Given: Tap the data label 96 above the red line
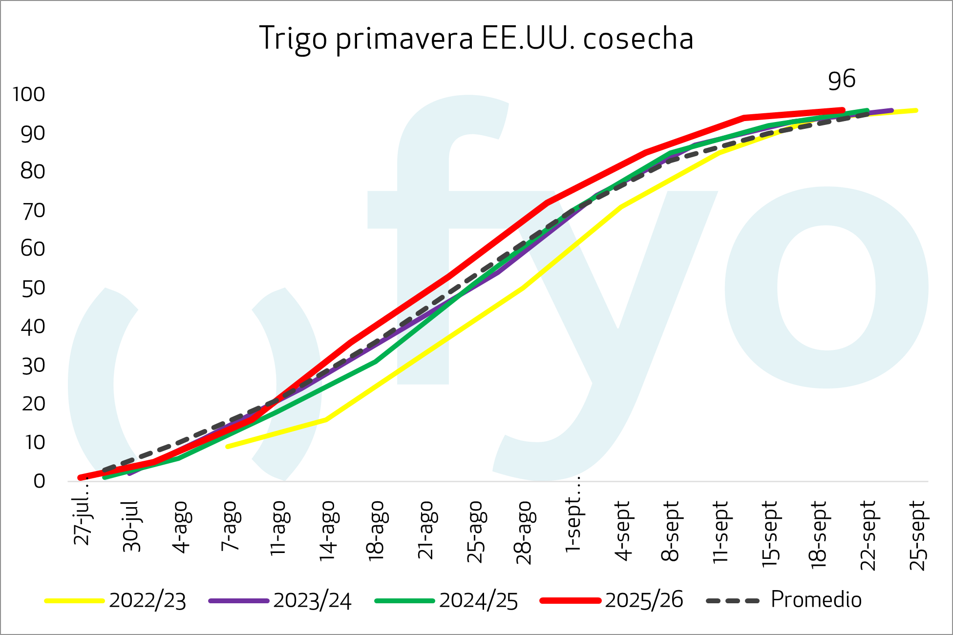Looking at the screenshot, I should pyautogui.click(x=842, y=80).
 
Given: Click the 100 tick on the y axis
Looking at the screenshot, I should pyautogui.click(x=29, y=94).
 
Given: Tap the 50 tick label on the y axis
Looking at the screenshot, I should pyautogui.click(x=33, y=288).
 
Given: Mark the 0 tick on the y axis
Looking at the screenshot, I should pyautogui.click(x=39, y=481).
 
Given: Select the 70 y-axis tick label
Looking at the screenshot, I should pyautogui.click(x=33, y=211).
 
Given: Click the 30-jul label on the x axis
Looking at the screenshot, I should pyautogui.click(x=132, y=526).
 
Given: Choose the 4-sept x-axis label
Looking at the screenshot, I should pyautogui.click(x=623, y=530).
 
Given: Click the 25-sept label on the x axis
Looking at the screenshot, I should pyautogui.click(x=918, y=535).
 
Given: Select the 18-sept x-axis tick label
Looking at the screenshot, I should pyautogui.click(x=820, y=534).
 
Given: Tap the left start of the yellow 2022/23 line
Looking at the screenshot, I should pyautogui.click(x=228, y=446).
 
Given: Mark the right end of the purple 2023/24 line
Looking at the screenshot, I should pyautogui.click(x=891, y=111).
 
